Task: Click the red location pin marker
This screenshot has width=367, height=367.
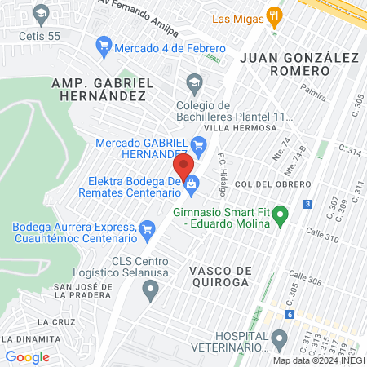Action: point(183,165)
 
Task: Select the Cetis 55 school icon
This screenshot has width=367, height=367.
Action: point(38,14)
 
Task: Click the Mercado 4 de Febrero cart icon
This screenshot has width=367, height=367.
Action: point(104,47)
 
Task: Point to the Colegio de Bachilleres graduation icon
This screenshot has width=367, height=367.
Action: point(194,81)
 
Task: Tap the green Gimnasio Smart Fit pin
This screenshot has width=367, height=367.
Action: point(281,218)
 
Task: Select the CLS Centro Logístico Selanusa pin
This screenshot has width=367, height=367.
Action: point(150,288)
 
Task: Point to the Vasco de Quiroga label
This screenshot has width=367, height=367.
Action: point(217,276)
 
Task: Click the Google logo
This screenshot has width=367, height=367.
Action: point(28,356)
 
